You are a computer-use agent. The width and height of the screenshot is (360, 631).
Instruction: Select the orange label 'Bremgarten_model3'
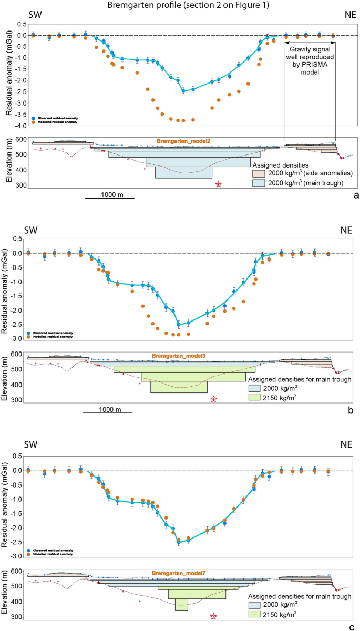178,356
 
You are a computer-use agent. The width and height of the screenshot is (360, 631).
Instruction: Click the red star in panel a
219,184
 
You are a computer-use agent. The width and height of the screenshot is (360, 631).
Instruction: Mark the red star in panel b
213,399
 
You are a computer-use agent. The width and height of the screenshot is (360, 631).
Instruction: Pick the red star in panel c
213,616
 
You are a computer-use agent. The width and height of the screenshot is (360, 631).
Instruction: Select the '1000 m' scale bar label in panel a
110,194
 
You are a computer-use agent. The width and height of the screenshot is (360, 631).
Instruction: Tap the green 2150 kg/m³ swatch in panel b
257,399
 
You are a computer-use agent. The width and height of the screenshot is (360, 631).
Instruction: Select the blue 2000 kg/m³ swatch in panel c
257,604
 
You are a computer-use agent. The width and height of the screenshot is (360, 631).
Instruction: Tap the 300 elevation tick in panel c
17,616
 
